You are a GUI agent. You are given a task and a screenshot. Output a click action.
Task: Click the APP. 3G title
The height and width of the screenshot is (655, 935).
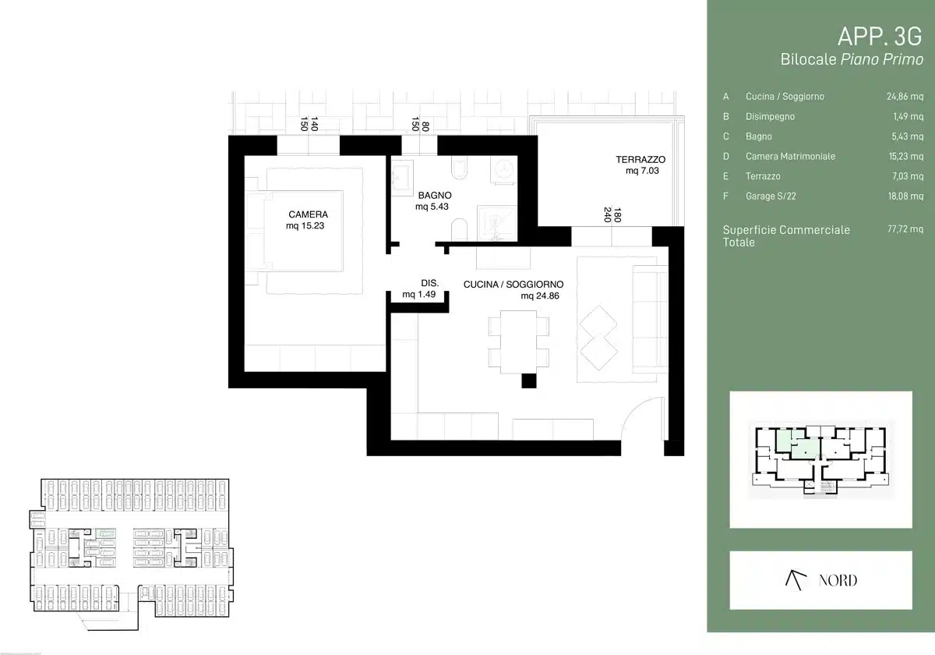tap(880, 37)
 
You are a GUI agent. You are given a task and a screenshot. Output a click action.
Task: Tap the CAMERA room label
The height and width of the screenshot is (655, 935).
tap(308, 214)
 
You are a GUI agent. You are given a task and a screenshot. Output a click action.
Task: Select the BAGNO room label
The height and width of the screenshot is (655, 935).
tap(435, 195)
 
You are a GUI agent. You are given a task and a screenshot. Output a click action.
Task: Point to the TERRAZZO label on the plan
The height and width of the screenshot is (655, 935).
tap(640, 160)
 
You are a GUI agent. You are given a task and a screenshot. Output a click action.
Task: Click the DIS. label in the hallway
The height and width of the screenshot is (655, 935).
tap(429, 283)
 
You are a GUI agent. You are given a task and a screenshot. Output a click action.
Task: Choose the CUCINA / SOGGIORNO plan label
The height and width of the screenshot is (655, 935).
tap(513, 285)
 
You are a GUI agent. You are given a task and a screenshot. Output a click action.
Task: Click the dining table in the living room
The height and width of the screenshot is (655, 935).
tap(518, 342)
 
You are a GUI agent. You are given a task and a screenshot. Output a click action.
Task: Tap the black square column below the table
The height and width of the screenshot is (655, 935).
tap(529, 381)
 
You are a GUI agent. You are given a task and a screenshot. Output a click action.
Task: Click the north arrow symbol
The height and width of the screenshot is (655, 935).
tap(796, 580)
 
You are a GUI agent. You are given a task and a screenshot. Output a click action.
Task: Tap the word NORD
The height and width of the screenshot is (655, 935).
tap(838, 580)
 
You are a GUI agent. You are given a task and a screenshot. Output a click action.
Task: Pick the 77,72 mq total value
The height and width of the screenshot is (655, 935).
tap(905, 229)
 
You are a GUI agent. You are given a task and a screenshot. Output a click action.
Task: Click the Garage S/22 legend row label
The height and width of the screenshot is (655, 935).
tap(771, 196)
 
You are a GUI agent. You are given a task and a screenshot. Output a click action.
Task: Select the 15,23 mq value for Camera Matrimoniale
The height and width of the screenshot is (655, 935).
tap(905, 156)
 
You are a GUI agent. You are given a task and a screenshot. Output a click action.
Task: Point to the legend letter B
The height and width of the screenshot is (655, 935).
tap(726, 116)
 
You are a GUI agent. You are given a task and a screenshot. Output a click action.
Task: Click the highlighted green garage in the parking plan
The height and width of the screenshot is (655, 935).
tap(105, 533)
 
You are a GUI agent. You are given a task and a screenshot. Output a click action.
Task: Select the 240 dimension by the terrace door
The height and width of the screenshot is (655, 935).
tap(608, 214)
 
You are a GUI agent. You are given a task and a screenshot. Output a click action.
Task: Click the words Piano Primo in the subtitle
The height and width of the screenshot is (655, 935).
tap(881, 59)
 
